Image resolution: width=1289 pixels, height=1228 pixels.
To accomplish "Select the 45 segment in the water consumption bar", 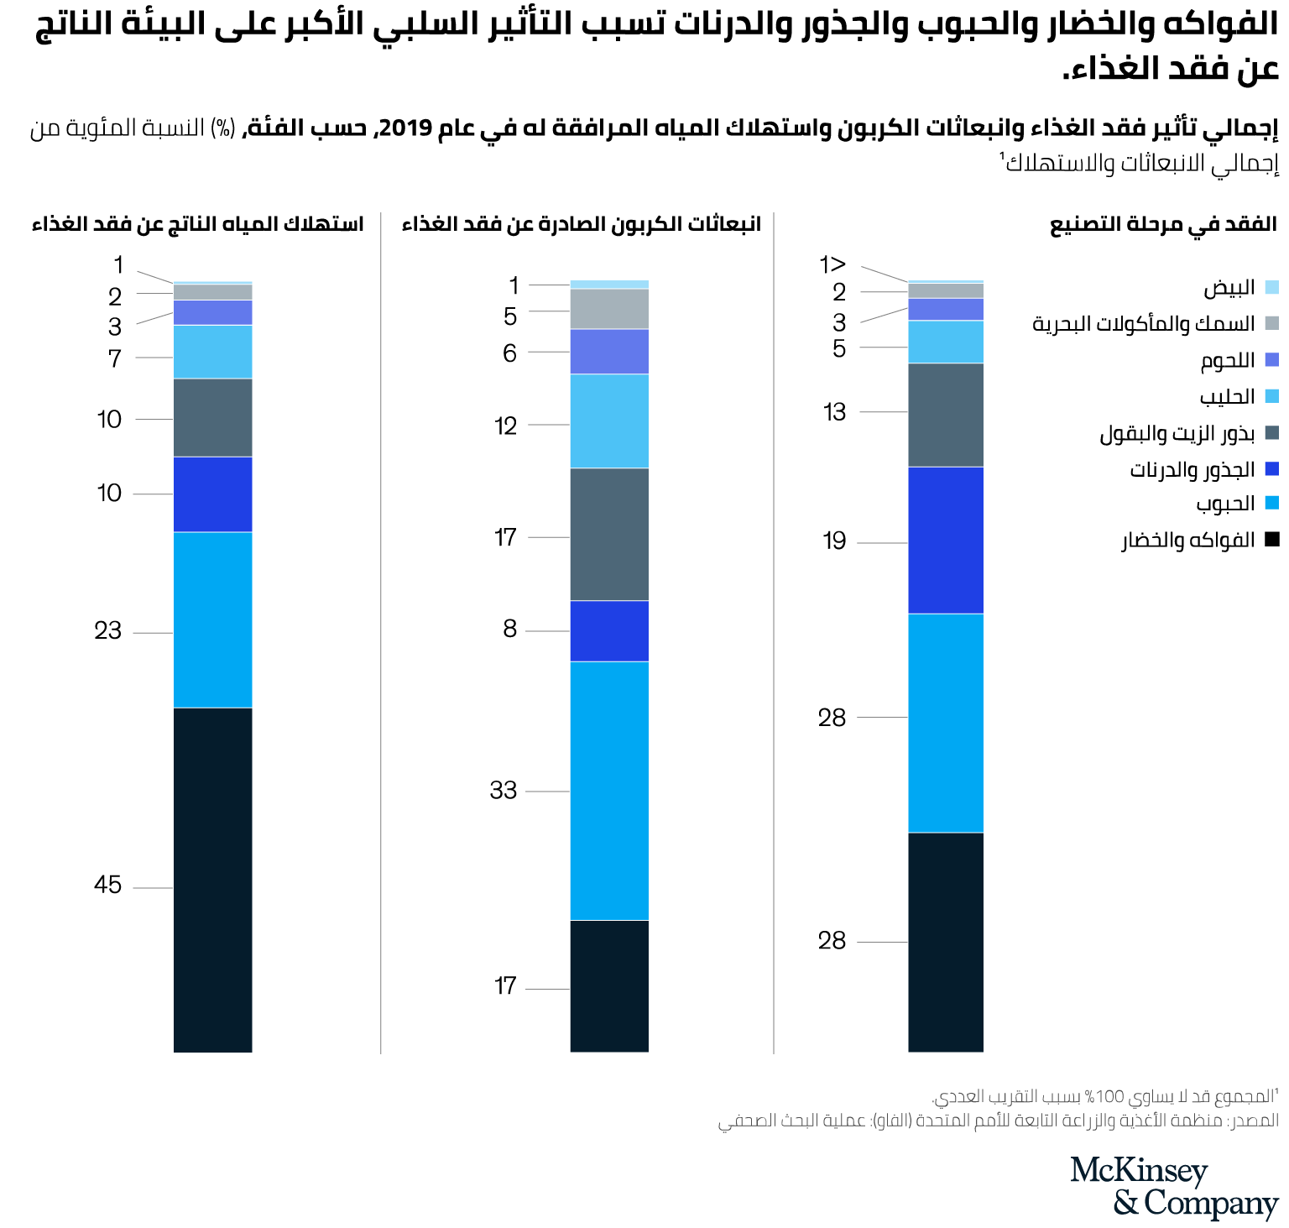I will point(212,879).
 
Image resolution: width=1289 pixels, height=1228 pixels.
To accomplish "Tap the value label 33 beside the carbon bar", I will point(504,790).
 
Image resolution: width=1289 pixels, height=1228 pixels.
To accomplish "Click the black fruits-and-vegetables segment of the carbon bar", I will point(609,985).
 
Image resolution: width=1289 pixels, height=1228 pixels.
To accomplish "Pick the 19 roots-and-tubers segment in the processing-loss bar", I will point(945,540).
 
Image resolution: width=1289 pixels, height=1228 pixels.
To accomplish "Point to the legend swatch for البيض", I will point(1271,288).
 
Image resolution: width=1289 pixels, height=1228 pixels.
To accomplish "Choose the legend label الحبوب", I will point(1225,504).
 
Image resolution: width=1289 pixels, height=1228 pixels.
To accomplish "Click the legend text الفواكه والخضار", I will point(1188,540).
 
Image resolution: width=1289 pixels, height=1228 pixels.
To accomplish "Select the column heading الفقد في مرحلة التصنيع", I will point(1163,224).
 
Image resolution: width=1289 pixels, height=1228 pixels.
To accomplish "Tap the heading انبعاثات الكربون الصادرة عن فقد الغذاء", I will point(581,224).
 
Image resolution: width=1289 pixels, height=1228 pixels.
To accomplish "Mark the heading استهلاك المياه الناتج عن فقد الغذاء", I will point(197,224).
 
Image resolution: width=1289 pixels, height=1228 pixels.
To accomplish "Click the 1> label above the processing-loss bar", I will point(832,265).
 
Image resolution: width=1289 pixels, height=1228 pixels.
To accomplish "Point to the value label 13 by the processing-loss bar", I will point(834,412).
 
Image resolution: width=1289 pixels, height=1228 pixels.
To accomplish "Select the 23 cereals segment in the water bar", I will point(212,619).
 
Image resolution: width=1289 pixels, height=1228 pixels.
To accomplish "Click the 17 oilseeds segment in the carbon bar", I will point(609,534).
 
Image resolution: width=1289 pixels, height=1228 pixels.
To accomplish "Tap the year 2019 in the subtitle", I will point(405,128).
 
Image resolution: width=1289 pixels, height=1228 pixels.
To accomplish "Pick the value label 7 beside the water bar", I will point(115,358).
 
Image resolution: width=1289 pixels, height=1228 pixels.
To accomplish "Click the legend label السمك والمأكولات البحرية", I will point(1143,324).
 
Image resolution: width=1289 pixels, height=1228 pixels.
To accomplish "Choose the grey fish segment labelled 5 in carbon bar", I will point(609,309).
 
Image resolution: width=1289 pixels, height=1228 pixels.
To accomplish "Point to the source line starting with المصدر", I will point(998,1121).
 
